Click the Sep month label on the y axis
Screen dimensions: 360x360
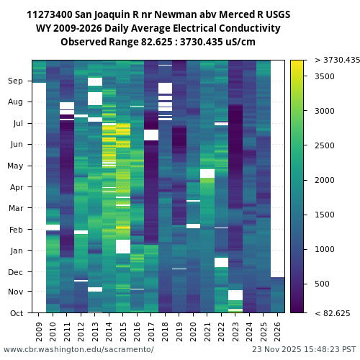(16, 81)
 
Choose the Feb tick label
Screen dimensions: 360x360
(16, 230)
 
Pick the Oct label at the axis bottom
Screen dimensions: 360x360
(16, 312)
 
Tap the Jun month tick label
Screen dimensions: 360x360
(16, 145)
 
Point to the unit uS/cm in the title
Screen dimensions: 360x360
(239, 42)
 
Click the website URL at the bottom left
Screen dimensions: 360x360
(78, 349)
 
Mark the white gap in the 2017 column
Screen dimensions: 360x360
(151, 135)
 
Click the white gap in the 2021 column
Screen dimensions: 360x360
(207, 174)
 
